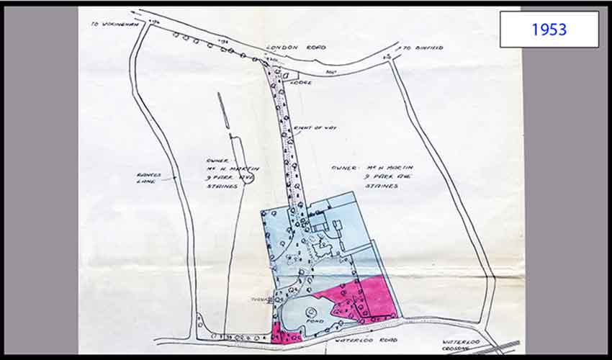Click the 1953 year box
click(x=549, y=30)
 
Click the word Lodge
click(x=301, y=83)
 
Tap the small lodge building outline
click(x=290, y=73)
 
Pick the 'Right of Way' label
click(x=305, y=128)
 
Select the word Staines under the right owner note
click(x=381, y=185)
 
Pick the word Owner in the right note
click(x=342, y=167)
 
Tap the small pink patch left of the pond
click(x=287, y=333)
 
